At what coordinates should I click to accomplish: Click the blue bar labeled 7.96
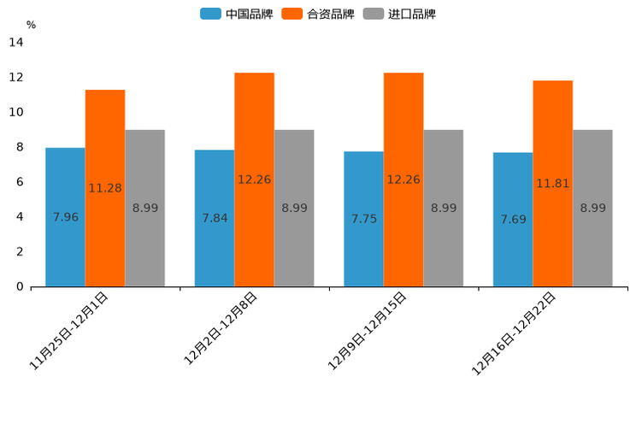coord(65,217)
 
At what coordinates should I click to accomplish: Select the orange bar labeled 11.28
coord(105,188)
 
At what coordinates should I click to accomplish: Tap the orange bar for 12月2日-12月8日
coord(254,180)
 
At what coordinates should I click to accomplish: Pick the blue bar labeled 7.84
coord(215,218)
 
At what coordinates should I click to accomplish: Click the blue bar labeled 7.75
coord(363,219)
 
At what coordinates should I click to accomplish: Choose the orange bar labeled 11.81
coord(552,183)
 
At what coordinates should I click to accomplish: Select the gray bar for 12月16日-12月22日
coord(592,208)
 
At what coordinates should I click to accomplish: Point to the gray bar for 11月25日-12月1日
coord(144,208)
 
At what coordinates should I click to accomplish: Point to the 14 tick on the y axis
coord(15,42)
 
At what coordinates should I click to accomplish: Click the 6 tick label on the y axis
coord(20,182)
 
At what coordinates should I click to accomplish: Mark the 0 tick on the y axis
coord(20,286)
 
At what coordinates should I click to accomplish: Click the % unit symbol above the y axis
coord(31,25)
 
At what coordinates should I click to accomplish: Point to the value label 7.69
coord(513,220)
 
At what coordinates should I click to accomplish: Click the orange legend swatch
coord(292,14)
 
